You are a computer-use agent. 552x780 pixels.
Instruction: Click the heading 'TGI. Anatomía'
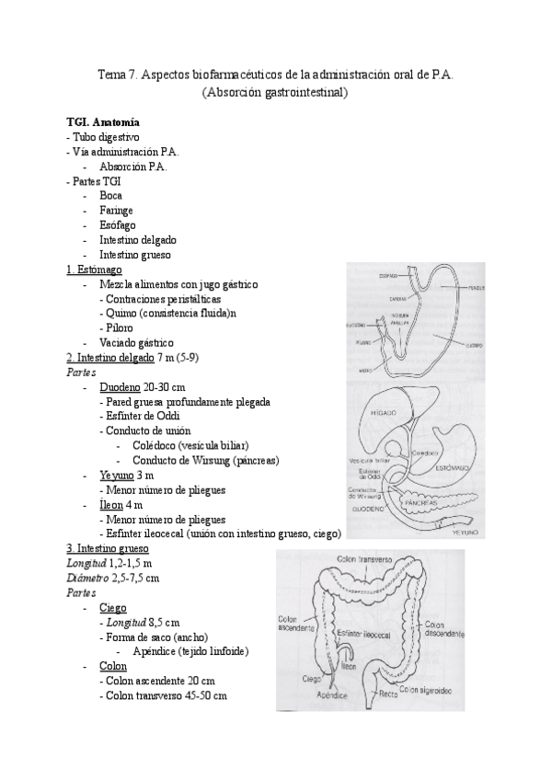pos(103,120)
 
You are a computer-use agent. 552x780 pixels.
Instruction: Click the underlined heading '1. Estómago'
pos(95,270)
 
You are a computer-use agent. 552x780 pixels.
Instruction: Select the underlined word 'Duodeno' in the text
pos(120,387)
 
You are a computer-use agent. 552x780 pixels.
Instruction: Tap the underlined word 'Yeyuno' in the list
pos(117,476)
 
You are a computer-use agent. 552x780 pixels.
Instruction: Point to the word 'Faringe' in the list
pos(116,210)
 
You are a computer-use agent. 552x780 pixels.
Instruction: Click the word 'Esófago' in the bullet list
pos(117,224)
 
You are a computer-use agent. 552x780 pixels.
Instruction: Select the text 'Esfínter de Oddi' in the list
pos(142,417)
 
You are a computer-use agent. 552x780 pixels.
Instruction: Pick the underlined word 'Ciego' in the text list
pos(112,608)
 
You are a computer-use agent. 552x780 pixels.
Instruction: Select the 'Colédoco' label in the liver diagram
pos(426,453)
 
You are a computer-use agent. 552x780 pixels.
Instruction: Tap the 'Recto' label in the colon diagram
pos(388,694)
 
